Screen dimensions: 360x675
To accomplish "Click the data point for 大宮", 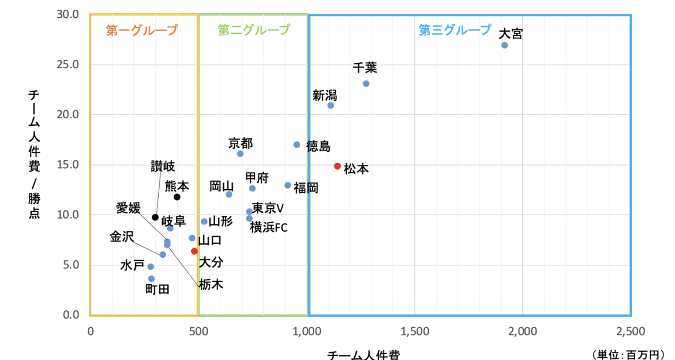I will point(504,45).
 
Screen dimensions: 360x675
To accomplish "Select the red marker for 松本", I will point(337,166).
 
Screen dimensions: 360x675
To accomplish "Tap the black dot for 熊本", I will point(177,197).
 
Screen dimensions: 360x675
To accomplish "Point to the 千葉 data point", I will point(366,84).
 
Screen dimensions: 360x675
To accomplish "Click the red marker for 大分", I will point(194,251).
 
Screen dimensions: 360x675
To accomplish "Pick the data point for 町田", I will point(151,279).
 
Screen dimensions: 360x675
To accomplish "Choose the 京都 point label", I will point(241,143).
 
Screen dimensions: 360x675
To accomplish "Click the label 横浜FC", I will point(269,228).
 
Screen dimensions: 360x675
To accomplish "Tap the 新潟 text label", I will point(325,95).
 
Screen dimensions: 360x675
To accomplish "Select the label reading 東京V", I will point(268,208).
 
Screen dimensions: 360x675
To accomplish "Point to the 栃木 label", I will point(211,284).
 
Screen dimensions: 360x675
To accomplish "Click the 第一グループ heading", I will point(142,30).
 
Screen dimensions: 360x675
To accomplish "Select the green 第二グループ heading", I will point(254,30).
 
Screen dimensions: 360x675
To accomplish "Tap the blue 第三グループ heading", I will point(455,30).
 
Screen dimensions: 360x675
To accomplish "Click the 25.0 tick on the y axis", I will point(68,64).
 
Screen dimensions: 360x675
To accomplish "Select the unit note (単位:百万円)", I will point(632,354).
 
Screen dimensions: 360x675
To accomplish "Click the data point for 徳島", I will point(297,145).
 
